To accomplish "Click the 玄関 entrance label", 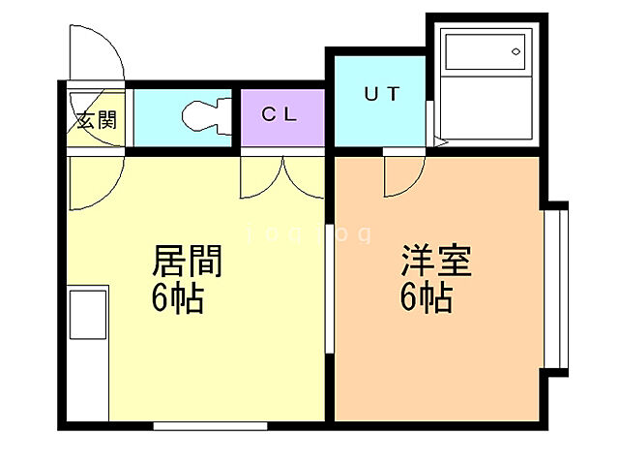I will pos(96,121).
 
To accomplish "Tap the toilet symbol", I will pos(205,115).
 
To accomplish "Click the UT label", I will pos(381,95).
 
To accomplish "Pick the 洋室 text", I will pos(436,262).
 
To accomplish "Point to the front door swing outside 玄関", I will pos(97,53).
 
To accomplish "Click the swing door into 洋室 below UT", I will pos(403,174).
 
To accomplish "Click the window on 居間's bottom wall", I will pos(210,424).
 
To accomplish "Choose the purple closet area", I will pos(283,116).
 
